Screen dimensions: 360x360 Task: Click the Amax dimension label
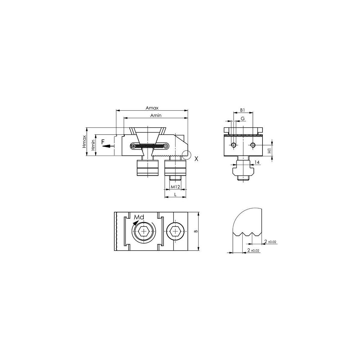point(152,108)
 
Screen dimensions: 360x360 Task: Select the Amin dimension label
point(156,115)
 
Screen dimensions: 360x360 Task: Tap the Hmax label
point(84,141)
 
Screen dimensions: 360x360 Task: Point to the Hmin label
point(93,145)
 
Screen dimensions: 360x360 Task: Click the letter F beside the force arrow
point(103,142)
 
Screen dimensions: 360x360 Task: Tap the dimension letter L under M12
point(175,194)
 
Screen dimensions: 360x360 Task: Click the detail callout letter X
point(196,159)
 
